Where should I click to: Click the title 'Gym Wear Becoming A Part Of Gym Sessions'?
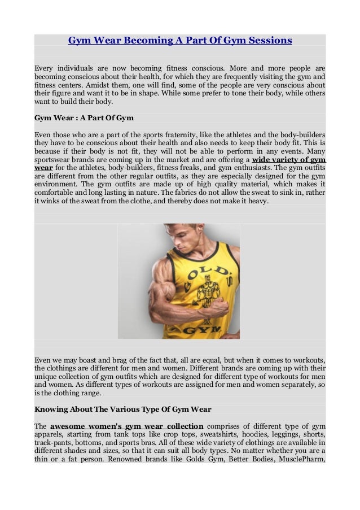pyautogui.click(x=180, y=41)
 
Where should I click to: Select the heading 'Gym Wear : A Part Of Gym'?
pyautogui.click(x=84, y=118)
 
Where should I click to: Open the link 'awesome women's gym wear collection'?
pyautogui.click(x=127, y=426)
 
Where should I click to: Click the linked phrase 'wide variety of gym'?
pyautogui.click(x=289, y=160)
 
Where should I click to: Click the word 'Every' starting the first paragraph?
pyautogui.click(x=45, y=68)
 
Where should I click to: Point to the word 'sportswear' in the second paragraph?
pyautogui.click(x=53, y=160)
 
